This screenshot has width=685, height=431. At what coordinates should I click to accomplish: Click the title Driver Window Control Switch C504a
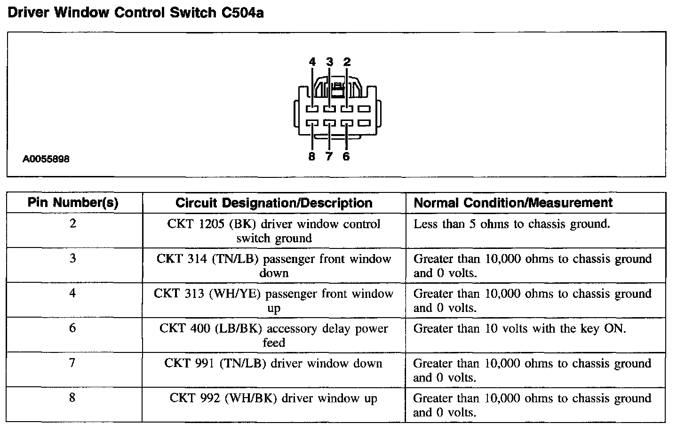point(136,13)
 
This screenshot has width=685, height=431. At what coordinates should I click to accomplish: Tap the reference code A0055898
point(46,159)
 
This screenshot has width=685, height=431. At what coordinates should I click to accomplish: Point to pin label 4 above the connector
point(312,62)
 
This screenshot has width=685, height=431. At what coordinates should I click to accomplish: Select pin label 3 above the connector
point(329,62)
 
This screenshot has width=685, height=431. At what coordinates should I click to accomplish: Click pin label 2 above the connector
point(347,62)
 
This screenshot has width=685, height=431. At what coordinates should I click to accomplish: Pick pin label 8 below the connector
point(311,157)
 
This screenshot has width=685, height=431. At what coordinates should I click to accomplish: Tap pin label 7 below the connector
point(329,157)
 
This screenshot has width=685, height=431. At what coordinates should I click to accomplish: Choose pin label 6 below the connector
point(346,157)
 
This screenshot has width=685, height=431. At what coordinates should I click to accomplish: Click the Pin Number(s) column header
point(73,203)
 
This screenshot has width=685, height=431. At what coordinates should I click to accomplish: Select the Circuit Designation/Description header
point(274,203)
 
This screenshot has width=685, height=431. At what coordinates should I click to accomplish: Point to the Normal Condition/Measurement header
point(513,203)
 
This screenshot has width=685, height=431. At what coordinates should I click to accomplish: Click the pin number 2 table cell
point(73,223)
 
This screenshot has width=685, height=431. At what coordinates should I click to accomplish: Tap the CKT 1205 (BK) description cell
point(274,231)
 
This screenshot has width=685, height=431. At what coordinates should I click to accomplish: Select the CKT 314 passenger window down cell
point(274,265)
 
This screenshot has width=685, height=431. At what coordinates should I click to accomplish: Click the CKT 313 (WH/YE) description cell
point(274,301)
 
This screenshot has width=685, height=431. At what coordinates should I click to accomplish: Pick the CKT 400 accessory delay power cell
point(274,335)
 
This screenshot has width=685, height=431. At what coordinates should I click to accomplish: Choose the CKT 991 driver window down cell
point(274,363)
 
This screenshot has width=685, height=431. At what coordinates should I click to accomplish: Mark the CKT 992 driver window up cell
point(274,399)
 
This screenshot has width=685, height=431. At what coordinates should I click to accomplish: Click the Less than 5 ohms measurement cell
point(511,224)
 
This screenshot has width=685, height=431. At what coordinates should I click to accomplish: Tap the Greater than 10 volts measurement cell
point(519,328)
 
